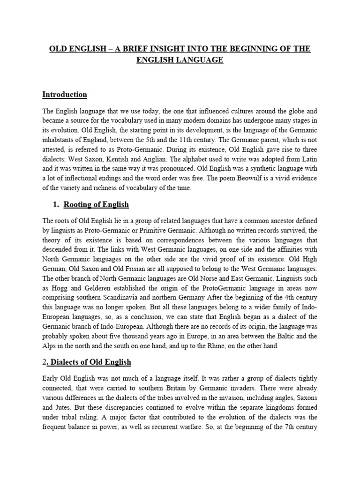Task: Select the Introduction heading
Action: (65, 94)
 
